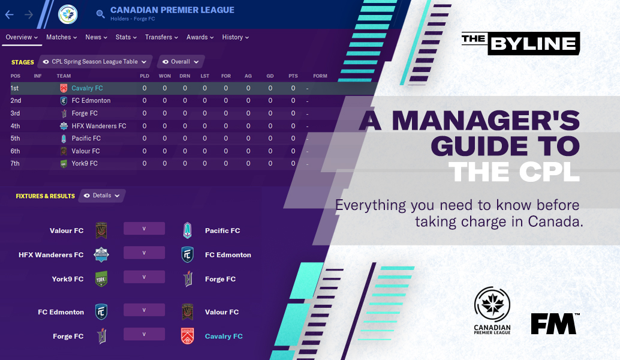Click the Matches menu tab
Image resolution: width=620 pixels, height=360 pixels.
tap(61, 37)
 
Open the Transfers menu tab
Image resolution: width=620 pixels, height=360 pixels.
tap(161, 37)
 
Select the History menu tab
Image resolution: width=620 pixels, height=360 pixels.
tap(235, 37)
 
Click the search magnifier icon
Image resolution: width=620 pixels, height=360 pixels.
tap(100, 13)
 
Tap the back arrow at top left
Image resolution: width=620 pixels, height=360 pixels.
tap(10, 14)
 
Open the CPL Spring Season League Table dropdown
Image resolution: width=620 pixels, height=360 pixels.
tap(95, 62)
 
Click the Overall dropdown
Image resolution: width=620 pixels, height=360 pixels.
tap(181, 62)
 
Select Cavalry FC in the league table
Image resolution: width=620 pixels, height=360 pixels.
tap(87, 88)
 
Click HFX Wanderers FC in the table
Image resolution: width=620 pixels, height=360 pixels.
tap(98, 126)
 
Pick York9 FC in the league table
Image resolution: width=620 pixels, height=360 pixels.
tap(85, 163)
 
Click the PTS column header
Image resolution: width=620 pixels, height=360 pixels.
tap(293, 76)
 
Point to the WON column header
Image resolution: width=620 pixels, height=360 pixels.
tap(164, 76)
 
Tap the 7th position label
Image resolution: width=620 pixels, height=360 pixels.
tap(15, 163)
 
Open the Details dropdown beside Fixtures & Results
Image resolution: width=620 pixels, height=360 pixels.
tap(102, 196)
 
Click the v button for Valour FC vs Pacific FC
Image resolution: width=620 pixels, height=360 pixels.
tap(144, 229)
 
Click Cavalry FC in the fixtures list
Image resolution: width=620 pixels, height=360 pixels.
tap(224, 336)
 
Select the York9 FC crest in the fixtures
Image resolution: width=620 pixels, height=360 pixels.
tap(101, 279)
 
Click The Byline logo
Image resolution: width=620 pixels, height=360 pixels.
tap(520, 43)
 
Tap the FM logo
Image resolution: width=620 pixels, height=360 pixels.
tap(555, 323)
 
